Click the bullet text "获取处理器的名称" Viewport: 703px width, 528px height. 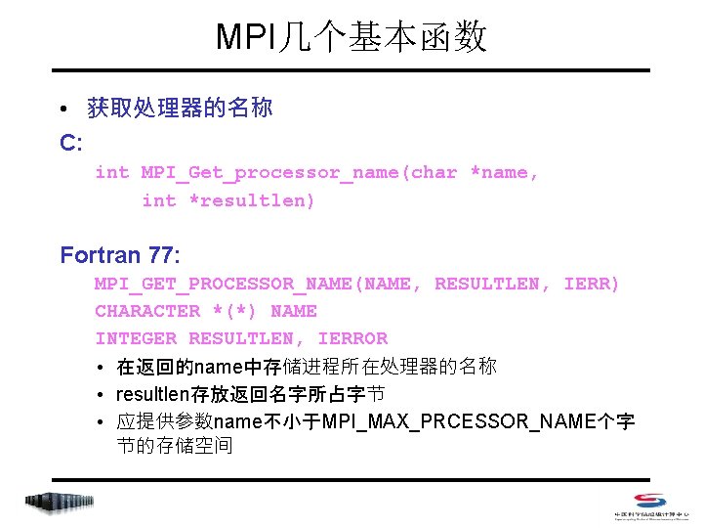(x=180, y=108)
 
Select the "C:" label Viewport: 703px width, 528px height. (x=71, y=143)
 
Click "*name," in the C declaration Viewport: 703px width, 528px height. (x=505, y=172)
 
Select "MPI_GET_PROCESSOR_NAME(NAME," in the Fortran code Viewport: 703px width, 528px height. (x=259, y=284)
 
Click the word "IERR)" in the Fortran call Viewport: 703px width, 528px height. (x=593, y=284)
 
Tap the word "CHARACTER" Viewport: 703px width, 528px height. (x=147, y=311)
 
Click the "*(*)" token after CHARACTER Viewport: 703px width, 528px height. (x=234, y=311)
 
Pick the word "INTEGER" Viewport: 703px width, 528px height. (x=136, y=338)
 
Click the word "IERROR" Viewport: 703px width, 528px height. (x=352, y=338)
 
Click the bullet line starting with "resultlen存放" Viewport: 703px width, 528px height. (x=250, y=394)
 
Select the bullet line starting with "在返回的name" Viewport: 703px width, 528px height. (x=306, y=367)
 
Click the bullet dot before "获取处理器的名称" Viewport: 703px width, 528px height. (x=64, y=109)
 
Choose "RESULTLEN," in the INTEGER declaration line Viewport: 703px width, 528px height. (x=246, y=338)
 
